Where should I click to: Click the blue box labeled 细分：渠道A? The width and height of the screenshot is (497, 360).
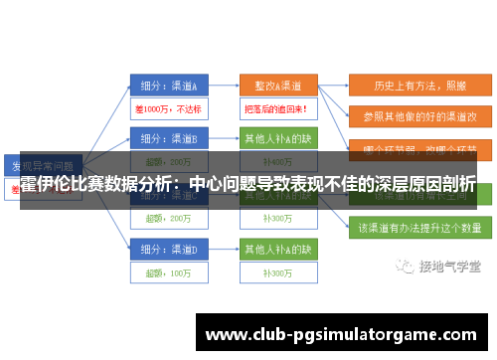(168, 85)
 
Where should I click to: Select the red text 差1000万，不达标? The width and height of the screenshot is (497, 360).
(168, 106)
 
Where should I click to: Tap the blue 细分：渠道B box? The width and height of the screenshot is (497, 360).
(168, 137)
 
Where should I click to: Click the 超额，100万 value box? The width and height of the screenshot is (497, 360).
(168, 270)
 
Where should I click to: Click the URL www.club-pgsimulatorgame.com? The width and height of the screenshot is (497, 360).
(340, 334)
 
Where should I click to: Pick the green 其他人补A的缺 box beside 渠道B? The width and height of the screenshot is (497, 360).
(276, 137)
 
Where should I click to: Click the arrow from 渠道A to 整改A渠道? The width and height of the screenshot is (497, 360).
(223, 85)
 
